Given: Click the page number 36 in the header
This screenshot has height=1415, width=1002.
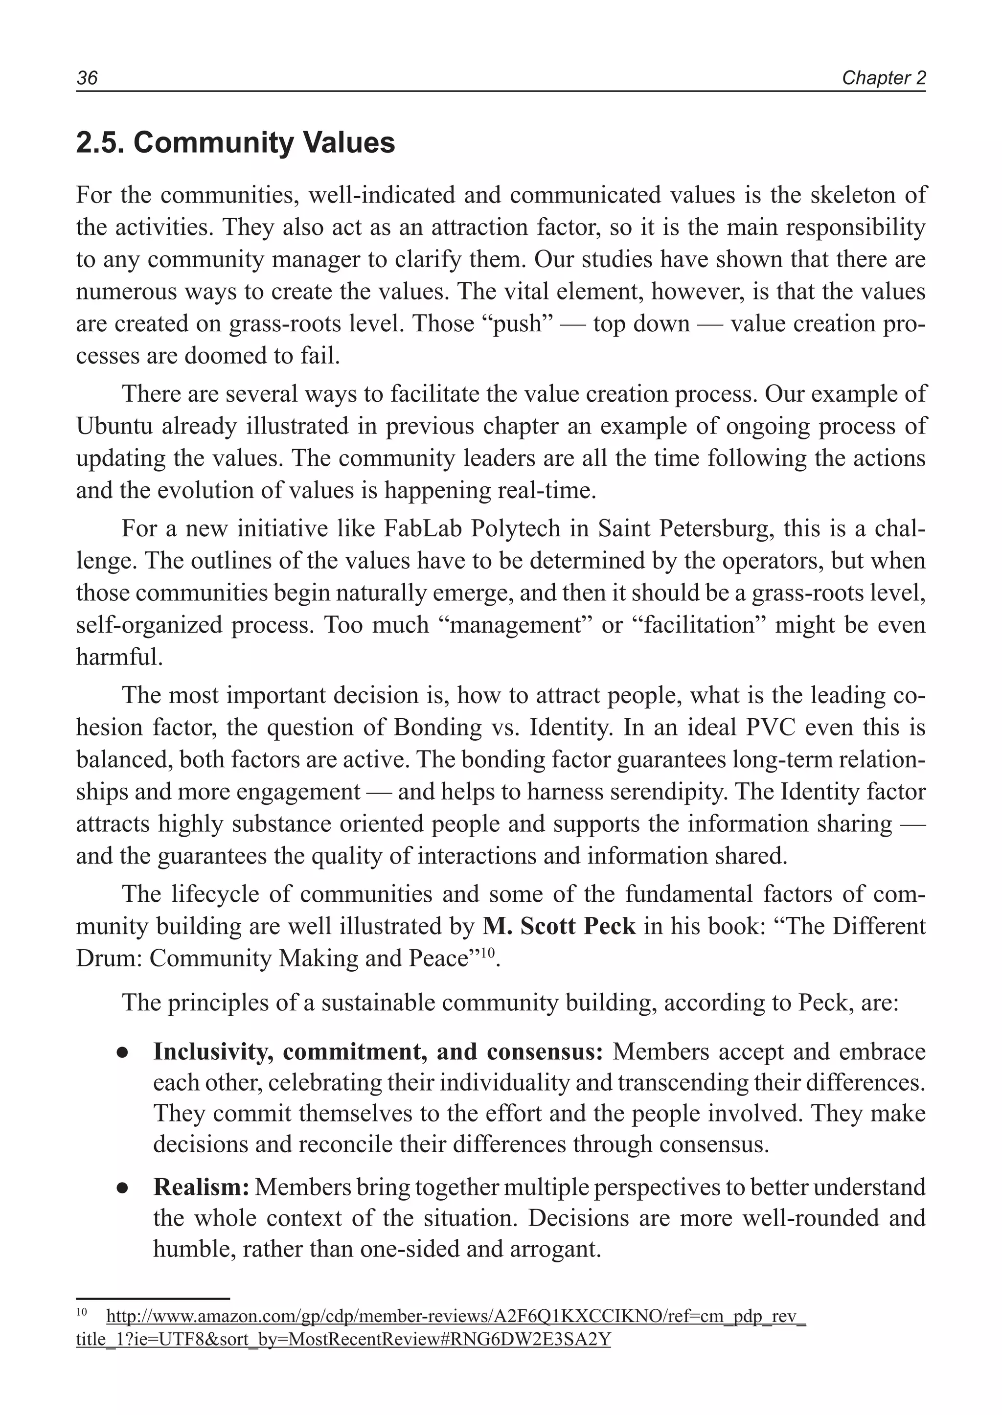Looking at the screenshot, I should (x=87, y=78).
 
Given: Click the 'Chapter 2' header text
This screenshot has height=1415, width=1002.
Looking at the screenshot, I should (x=884, y=78).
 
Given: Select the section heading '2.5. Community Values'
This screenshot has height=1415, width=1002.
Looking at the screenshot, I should (x=235, y=142).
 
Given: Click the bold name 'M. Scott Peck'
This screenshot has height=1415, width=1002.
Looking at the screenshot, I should (x=559, y=926).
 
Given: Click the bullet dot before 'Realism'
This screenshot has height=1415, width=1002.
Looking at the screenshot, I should (x=122, y=1187).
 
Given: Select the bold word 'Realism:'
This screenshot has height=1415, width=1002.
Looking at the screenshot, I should (x=201, y=1186).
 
